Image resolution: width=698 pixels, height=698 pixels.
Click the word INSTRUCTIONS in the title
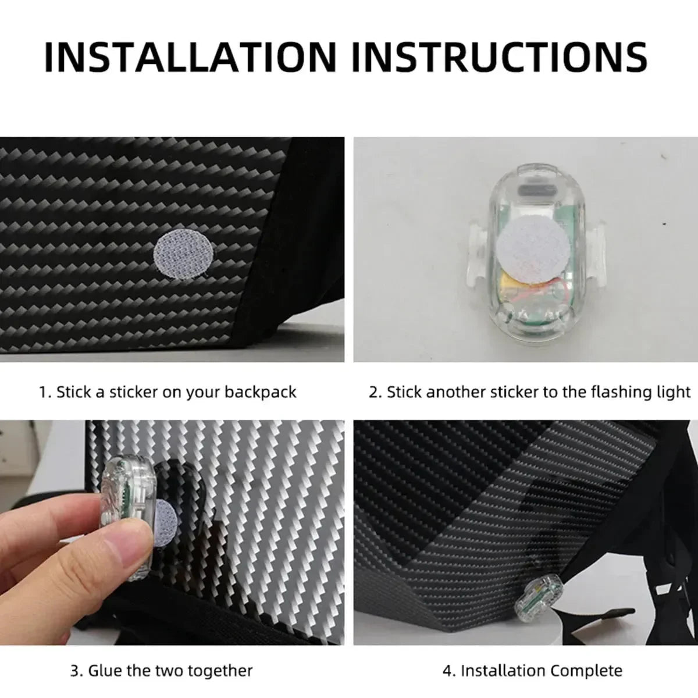point(500,57)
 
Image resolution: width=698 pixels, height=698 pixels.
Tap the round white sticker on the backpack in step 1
point(184,254)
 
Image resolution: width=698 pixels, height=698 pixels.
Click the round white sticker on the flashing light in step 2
point(533,248)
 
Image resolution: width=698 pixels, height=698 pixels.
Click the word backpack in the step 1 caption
point(261,392)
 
